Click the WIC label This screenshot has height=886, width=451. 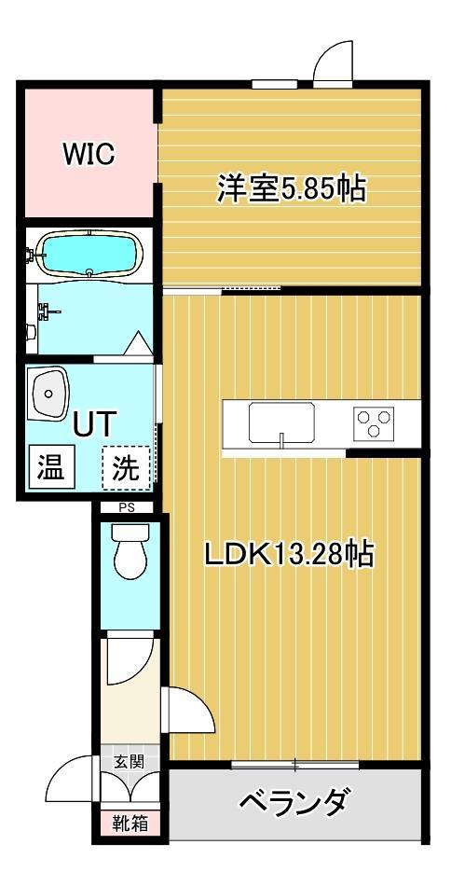coord(89,155)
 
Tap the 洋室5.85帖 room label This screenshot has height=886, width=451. coord(291,188)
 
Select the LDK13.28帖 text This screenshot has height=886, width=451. coord(289,554)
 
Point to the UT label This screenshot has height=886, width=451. coord(94,424)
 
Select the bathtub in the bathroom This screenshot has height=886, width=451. coord(90,253)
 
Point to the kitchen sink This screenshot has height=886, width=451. coord(280,422)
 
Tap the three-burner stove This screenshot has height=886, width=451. coord(373,422)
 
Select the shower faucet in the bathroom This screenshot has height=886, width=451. coord(42,311)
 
